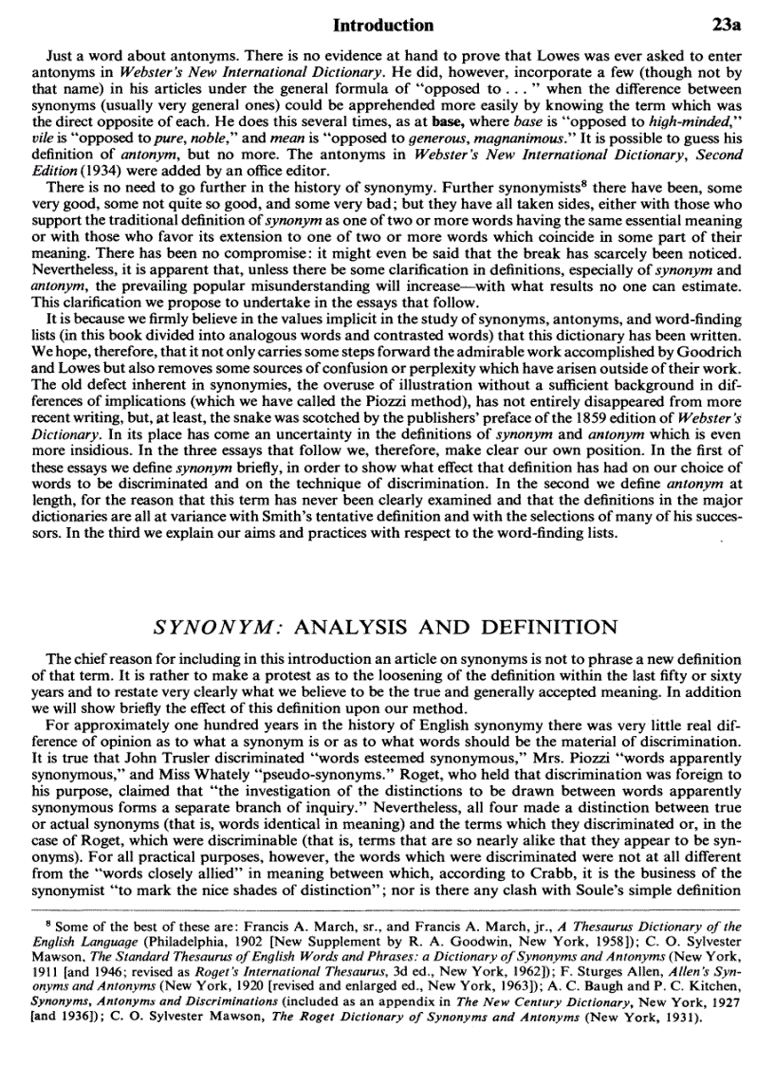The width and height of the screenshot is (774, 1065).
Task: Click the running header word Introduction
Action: [x=389, y=25]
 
